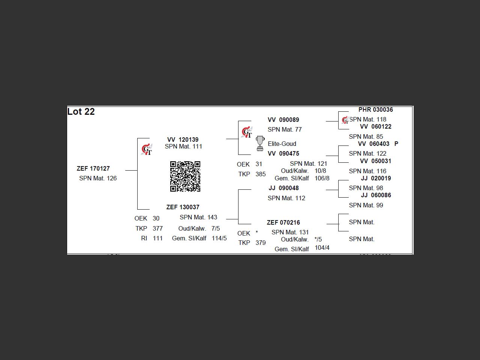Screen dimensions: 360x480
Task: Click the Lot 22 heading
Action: click(81, 112)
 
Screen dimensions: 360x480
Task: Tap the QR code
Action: click(185, 176)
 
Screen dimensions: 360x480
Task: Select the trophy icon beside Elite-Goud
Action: click(260, 144)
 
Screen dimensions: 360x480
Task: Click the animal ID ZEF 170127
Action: click(93, 169)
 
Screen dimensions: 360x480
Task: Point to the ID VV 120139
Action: click(183, 139)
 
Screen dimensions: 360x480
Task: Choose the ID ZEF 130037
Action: click(183, 207)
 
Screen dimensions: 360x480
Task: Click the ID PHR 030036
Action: click(376, 110)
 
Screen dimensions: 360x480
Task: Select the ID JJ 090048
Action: click(284, 188)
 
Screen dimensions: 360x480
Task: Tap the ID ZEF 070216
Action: click(283, 222)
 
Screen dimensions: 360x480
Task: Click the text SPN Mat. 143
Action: click(198, 217)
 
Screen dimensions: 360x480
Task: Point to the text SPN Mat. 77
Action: click(285, 129)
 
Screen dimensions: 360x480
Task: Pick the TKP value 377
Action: click(158, 228)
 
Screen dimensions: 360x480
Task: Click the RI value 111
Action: click(158, 238)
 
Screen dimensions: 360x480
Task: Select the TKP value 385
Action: click(261, 174)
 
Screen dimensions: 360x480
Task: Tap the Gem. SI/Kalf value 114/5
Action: click(219, 238)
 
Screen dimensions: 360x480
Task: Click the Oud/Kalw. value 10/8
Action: click(320, 171)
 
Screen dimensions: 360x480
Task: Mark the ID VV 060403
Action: click(374, 144)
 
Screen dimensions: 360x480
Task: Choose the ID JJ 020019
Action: click(376, 178)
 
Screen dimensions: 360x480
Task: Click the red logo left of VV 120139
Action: click(147, 149)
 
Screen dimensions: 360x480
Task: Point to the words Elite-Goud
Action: click(282, 144)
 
